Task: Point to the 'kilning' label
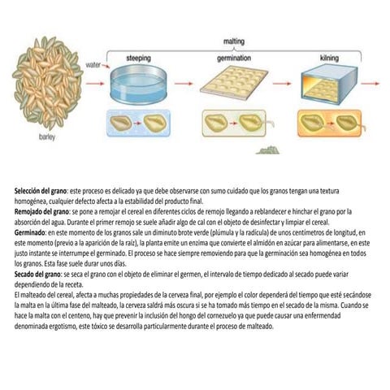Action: click(x=330, y=58)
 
